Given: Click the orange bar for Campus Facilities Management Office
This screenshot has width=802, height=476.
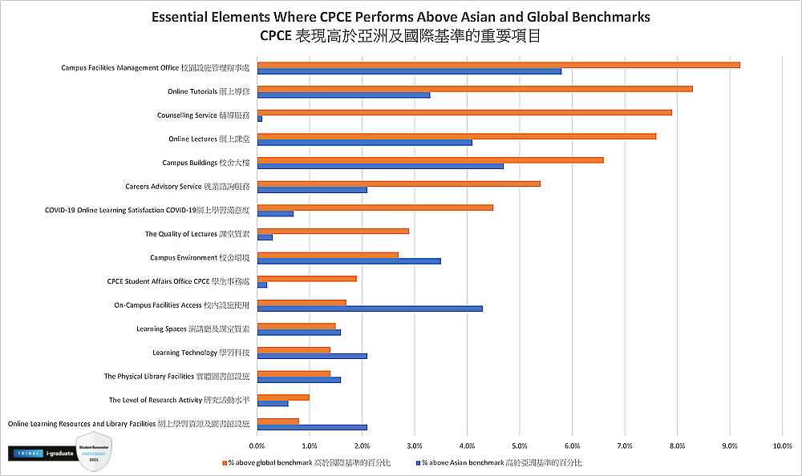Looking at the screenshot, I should pyautogui.click(x=498, y=65).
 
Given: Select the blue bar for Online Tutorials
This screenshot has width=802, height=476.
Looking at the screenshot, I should pyautogui.click(x=343, y=95).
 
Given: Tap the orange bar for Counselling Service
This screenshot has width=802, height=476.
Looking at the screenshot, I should pyautogui.click(x=464, y=112).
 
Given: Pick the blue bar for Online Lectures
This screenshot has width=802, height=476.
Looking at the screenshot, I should pyautogui.click(x=364, y=143).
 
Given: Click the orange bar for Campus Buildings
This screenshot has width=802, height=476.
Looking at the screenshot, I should pyautogui.click(x=430, y=160).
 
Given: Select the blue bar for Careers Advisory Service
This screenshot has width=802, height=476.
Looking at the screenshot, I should pyautogui.click(x=312, y=190).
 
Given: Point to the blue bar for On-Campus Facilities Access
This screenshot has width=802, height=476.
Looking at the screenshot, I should pyautogui.click(x=370, y=309).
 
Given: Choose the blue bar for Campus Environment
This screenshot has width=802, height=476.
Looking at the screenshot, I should pyautogui.click(x=349, y=261).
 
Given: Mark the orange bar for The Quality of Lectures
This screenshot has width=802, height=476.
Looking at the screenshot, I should pyautogui.click(x=333, y=231).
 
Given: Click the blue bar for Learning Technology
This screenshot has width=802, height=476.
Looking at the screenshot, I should pyautogui.click(x=312, y=356).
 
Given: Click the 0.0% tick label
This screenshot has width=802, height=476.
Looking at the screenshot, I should pyautogui.click(x=257, y=445).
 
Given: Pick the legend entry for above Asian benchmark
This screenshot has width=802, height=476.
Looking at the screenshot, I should pyautogui.click(x=498, y=462).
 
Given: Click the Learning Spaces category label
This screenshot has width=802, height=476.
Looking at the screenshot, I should pyautogui.click(x=192, y=329).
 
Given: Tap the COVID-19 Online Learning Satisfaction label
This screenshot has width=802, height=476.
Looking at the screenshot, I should pyautogui.click(x=147, y=210).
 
